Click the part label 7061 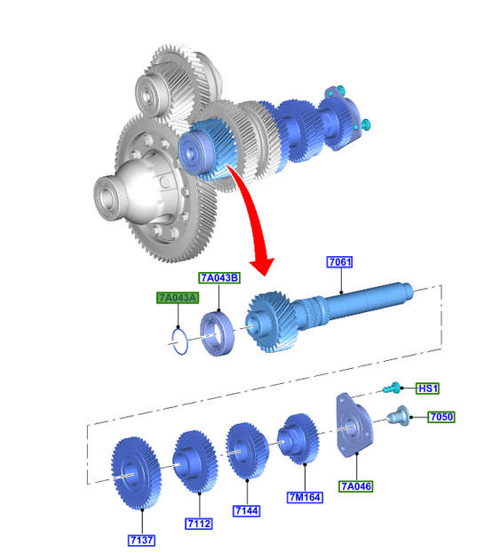(x=339, y=262)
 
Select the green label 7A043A (x=178, y=298)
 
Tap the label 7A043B (x=219, y=278)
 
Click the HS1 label (x=427, y=389)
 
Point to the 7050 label (x=441, y=417)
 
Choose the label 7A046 (x=356, y=486)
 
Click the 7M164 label (x=305, y=497)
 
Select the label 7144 (x=247, y=510)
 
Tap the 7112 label (x=199, y=524)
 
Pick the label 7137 (x=142, y=541)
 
